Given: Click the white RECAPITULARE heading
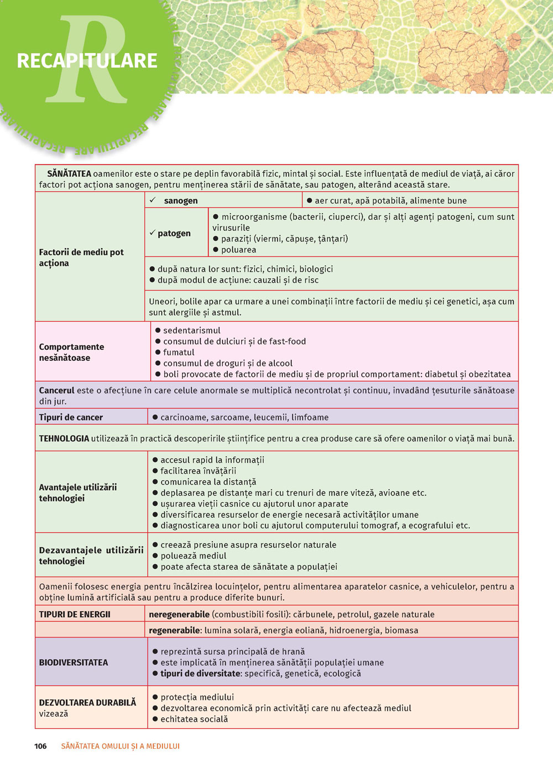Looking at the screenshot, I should pyautogui.click(x=87, y=61).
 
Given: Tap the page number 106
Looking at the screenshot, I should pyautogui.click(x=40, y=746).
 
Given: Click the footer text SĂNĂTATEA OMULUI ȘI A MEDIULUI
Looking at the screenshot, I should pyautogui.click(x=120, y=746).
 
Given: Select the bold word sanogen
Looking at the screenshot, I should pyautogui.click(x=181, y=201).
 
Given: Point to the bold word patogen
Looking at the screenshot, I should pyautogui.click(x=174, y=233).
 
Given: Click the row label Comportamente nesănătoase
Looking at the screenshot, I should pyautogui.click(x=71, y=352).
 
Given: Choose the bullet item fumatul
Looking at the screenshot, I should pyautogui.click(x=179, y=352).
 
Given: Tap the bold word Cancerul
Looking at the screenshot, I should pyautogui.click(x=56, y=390).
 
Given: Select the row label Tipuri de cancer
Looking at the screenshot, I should pyautogui.click(x=71, y=417).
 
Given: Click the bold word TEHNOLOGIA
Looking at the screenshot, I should pyautogui.click(x=64, y=438).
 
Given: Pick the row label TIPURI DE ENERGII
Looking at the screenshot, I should pyautogui.click(x=75, y=614).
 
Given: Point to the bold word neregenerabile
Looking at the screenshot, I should pyautogui.click(x=179, y=614).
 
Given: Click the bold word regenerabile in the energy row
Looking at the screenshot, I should pyautogui.click(x=174, y=630).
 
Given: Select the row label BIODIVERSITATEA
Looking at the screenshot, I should pyautogui.click(x=74, y=662).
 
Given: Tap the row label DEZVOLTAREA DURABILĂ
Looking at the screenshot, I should pyautogui.click(x=87, y=702).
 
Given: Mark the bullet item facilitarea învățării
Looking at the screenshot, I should pyautogui.click(x=198, y=471).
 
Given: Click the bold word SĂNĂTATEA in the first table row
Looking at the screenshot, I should pyautogui.click(x=69, y=173).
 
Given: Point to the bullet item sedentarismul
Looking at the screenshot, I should pyautogui.click(x=191, y=330).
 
